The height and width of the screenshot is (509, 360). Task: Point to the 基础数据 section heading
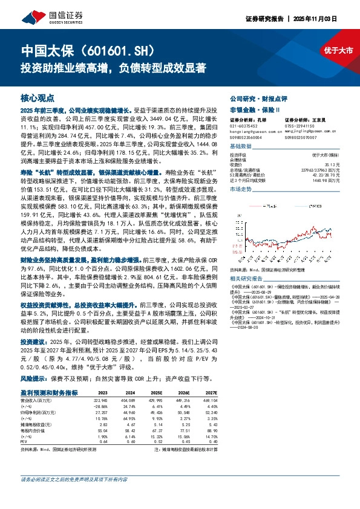tap(241, 147)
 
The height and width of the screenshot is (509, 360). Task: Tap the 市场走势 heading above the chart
tap(241, 190)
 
